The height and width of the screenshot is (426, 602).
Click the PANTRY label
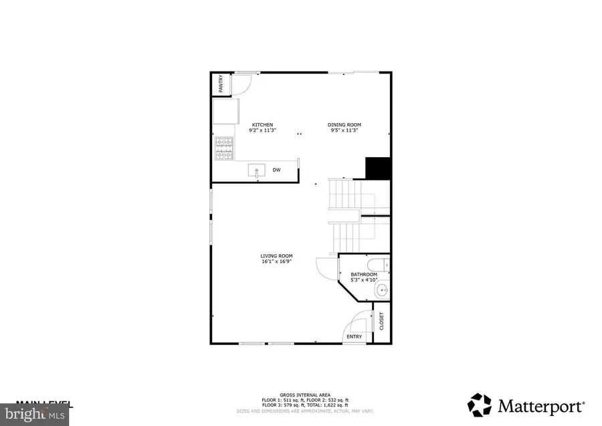(220, 84)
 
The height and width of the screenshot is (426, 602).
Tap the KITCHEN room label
(262, 124)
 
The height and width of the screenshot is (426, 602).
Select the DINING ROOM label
(344, 124)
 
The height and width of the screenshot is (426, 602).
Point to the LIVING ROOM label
(276, 256)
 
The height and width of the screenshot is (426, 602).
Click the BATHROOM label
(365, 274)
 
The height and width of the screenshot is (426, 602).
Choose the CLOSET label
(382, 321)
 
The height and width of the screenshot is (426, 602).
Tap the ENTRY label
(354, 336)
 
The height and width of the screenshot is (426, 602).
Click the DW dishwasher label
(276, 171)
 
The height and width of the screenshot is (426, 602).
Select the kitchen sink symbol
(258, 171)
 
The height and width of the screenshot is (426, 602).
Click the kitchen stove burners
(223, 148)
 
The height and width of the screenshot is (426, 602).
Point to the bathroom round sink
(381, 290)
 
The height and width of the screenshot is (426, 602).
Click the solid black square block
(377, 167)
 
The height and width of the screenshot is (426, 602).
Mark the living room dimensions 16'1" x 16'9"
(276, 262)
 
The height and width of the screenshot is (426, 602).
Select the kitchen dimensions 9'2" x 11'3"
(262, 130)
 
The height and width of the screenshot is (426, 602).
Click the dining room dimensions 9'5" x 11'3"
(344, 130)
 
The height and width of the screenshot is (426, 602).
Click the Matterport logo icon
(480, 405)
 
